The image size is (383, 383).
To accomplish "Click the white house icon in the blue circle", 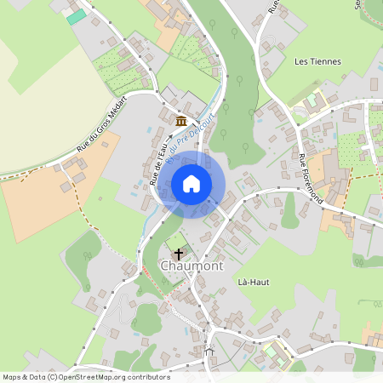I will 191,184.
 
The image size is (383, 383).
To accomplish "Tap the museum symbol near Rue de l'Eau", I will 180,120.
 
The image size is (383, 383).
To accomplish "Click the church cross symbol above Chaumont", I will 179,253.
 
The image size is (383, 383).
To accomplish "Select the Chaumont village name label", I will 191,266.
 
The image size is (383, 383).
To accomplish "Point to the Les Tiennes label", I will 317,61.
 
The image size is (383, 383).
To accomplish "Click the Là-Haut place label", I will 254,282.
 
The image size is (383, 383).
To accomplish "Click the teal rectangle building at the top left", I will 77,16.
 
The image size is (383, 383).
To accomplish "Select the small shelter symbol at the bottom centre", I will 209,350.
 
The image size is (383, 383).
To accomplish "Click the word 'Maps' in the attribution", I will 13,377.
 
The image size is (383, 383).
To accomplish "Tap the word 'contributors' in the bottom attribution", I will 146,377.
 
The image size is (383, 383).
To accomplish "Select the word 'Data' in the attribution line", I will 37,377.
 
